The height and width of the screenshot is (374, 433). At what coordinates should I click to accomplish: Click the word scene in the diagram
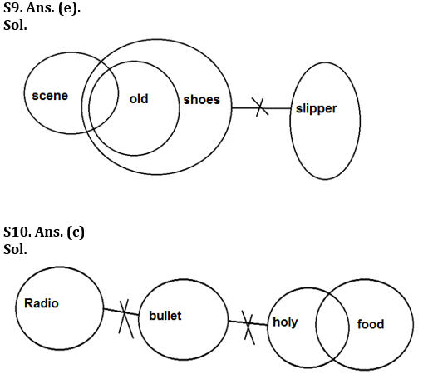(x=50, y=96)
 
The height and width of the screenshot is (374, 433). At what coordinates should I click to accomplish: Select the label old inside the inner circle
(x=139, y=99)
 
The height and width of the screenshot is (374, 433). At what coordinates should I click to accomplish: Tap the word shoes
(x=202, y=100)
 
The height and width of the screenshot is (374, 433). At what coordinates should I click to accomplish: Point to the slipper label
(x=317, y=109)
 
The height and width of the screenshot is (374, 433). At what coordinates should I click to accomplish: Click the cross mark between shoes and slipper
(x=260, y=107)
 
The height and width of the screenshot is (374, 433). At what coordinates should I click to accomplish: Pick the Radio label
(x=42, y=303)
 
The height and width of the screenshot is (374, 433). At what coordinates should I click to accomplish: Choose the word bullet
(x=165, y=316)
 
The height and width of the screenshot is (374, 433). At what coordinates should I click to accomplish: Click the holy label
(x=285, y=322)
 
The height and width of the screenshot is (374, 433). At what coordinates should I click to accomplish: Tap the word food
(x=371, y=324)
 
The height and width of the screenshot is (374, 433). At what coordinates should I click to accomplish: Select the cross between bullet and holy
(x=248, y=323)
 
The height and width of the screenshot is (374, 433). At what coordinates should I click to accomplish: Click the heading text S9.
(x=13, y=8)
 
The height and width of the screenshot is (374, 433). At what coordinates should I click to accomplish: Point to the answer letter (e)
(x=69, y=8)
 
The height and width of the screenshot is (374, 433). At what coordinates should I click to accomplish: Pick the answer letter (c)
(x=76, y=232)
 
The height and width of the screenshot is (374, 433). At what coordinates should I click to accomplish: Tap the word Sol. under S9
(x=15, y=25)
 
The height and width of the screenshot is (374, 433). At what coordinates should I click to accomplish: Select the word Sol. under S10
(x=15, y=249)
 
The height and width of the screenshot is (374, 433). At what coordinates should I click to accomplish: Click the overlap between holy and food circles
(x=332, y=327)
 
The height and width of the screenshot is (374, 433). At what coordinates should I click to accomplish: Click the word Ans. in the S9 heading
(x=41, y=8)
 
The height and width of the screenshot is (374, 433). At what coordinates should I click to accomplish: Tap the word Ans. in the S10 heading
(x=49, y=232)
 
